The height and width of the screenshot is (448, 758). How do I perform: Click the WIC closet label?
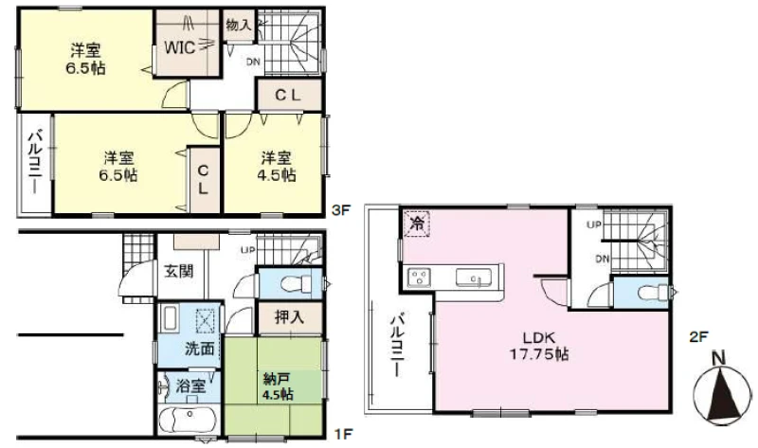coord(180,47)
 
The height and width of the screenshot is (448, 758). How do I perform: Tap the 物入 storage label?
coord(239,25)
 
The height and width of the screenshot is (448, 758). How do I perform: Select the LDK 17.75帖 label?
coord(539,346)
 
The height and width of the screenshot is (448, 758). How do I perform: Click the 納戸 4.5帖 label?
coord(278,385)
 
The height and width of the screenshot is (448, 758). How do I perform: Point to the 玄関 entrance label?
coord(179,271)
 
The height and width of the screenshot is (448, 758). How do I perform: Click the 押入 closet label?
coord(289,317)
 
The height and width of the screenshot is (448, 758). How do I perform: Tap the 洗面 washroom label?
coord(199,349)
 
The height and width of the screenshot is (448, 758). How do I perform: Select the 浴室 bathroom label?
coord(191,385)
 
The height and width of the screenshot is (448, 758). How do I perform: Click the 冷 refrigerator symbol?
coord(417,224)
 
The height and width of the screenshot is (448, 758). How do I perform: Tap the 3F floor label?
coord(341,210)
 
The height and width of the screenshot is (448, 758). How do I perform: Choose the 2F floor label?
coord(698,336)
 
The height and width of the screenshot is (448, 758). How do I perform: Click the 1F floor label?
coord(342,434)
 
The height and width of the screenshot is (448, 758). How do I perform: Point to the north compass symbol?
coord(721,389)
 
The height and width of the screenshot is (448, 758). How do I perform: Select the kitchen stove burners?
coord(419,277)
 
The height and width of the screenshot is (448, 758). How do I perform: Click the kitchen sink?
coord(474,278)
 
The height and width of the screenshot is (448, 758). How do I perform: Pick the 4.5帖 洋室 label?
coord(277,166)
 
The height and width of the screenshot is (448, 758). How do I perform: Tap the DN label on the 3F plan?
coord(253,62)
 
